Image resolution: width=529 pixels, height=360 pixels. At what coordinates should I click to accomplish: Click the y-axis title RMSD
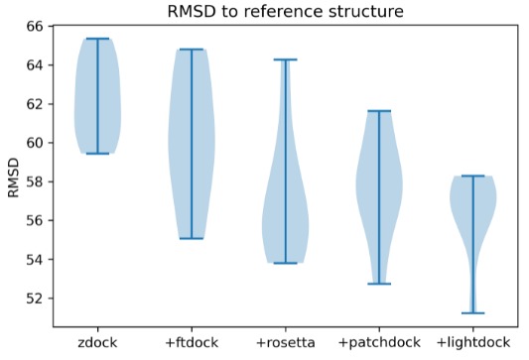[x=13, y=176]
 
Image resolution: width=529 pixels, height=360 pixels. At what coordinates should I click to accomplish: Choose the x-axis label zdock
[x=98, y=342]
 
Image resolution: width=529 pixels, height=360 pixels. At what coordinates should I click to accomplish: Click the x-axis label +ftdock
[x=192, y=342]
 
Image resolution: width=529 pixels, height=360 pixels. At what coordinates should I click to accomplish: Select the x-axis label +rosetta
[x=285, y=342]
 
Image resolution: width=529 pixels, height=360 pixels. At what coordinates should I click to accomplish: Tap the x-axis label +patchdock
[x=379, y=342]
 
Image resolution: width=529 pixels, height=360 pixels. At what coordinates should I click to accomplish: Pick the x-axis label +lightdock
[x=472, y=342]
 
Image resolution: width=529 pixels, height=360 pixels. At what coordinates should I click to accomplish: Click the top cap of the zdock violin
[x=98, y=39]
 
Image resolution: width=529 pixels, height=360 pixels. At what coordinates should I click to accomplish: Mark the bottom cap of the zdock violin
[x=98, y=153]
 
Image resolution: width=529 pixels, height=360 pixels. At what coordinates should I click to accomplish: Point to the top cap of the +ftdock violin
[x=192, y=50]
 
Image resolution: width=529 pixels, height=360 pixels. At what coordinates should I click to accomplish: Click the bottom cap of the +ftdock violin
[x=192, y=238]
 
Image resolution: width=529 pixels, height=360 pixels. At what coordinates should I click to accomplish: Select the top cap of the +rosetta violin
[x=285, y=60]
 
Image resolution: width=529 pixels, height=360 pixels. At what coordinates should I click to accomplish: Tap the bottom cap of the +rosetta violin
[x=285, y=263]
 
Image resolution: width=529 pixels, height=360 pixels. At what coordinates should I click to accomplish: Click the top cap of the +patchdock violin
[x=379, y=111]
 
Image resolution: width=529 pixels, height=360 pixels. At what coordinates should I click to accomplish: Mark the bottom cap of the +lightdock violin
[x=472, y=312]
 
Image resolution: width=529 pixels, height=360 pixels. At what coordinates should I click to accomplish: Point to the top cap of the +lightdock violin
[x=472, y=176]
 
